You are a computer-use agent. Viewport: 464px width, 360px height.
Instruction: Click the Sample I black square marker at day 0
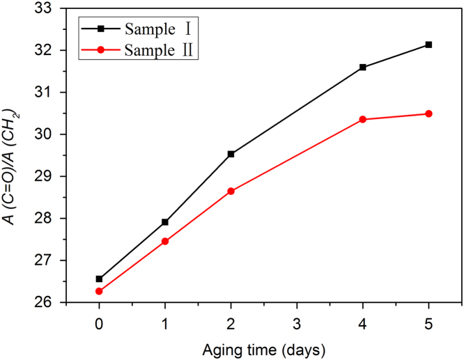99,279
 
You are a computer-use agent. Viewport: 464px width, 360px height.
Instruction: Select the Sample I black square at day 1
165,222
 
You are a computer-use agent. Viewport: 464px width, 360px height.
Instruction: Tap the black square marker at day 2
231,154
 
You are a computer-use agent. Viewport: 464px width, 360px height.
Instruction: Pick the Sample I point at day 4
362,67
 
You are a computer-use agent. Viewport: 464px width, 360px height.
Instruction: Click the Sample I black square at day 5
428,45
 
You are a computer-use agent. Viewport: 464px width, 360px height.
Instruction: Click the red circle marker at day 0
99,291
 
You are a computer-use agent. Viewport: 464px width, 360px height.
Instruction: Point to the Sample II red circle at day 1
165,241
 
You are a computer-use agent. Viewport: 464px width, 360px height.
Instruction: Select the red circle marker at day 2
231,191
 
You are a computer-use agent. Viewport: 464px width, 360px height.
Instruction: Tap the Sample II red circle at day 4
362,119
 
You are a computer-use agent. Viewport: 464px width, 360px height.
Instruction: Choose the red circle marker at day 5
428,114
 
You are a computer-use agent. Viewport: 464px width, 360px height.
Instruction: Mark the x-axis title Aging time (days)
263,347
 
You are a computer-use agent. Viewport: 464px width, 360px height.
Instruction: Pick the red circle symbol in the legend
100,50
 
